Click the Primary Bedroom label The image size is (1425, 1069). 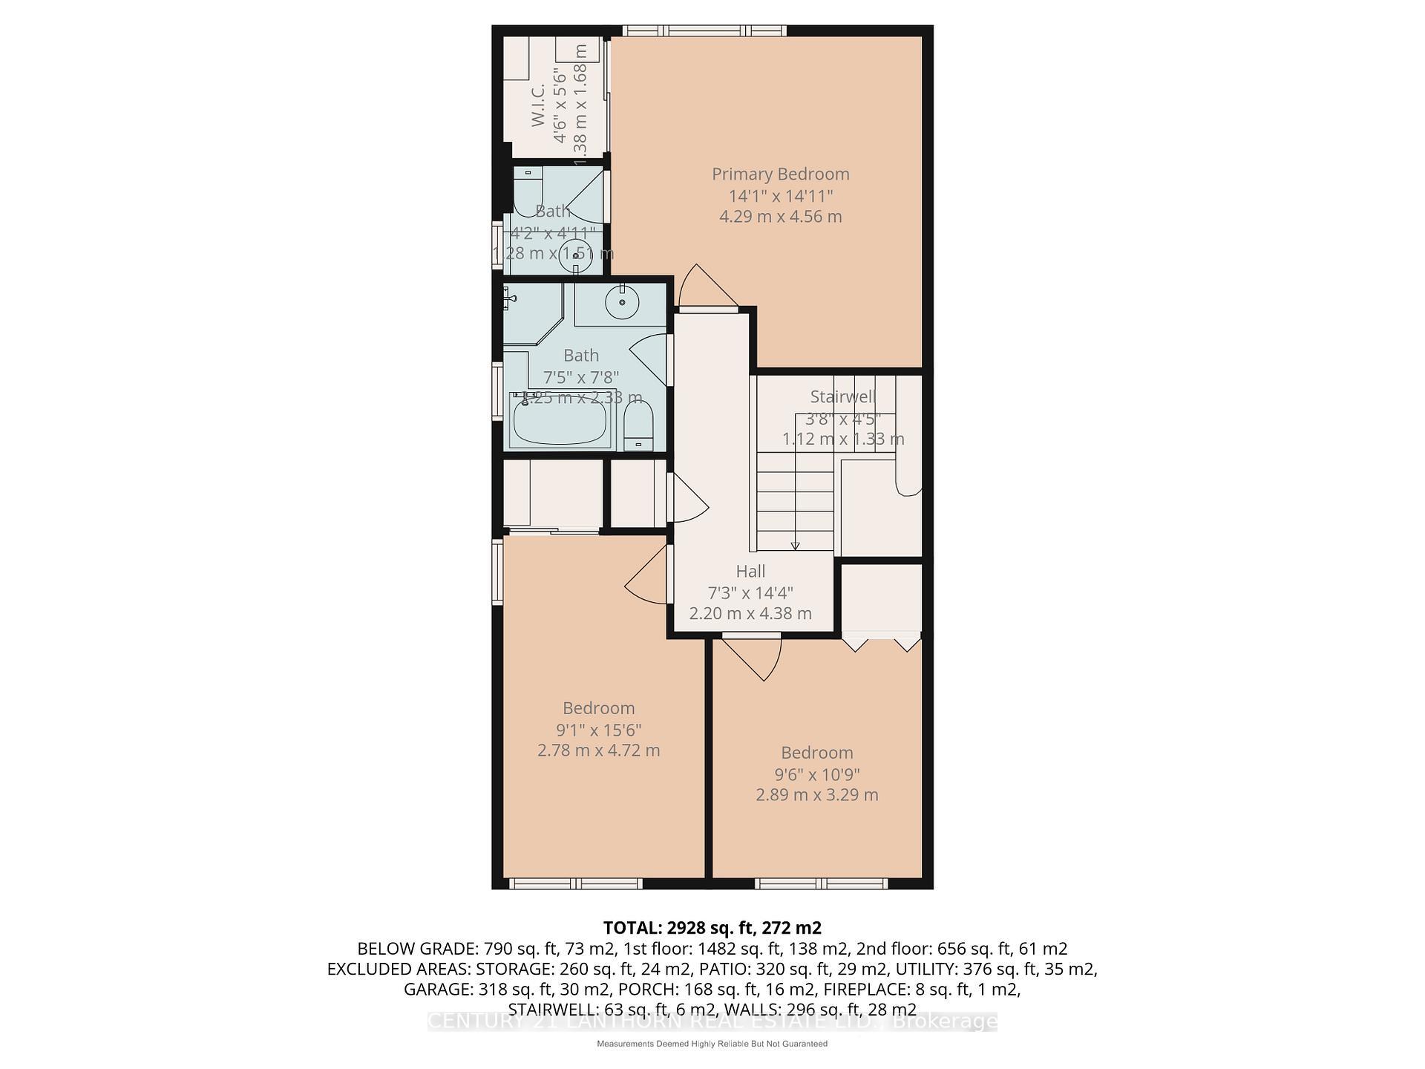point(780,174)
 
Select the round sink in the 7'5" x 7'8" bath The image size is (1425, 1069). point(621,302)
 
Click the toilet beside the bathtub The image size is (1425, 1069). point(638,426)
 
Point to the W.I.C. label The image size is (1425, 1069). point(539,105)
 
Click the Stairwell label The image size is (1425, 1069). point(842,396)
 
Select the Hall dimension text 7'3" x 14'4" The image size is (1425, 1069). point(750,592)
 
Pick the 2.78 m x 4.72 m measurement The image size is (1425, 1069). point(598,751)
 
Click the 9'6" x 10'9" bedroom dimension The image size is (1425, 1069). point(816,774)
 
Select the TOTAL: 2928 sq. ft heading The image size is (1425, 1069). point(712,928)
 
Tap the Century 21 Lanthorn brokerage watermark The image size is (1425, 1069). point(712,1022)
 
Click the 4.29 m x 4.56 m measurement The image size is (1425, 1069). point(780,217)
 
